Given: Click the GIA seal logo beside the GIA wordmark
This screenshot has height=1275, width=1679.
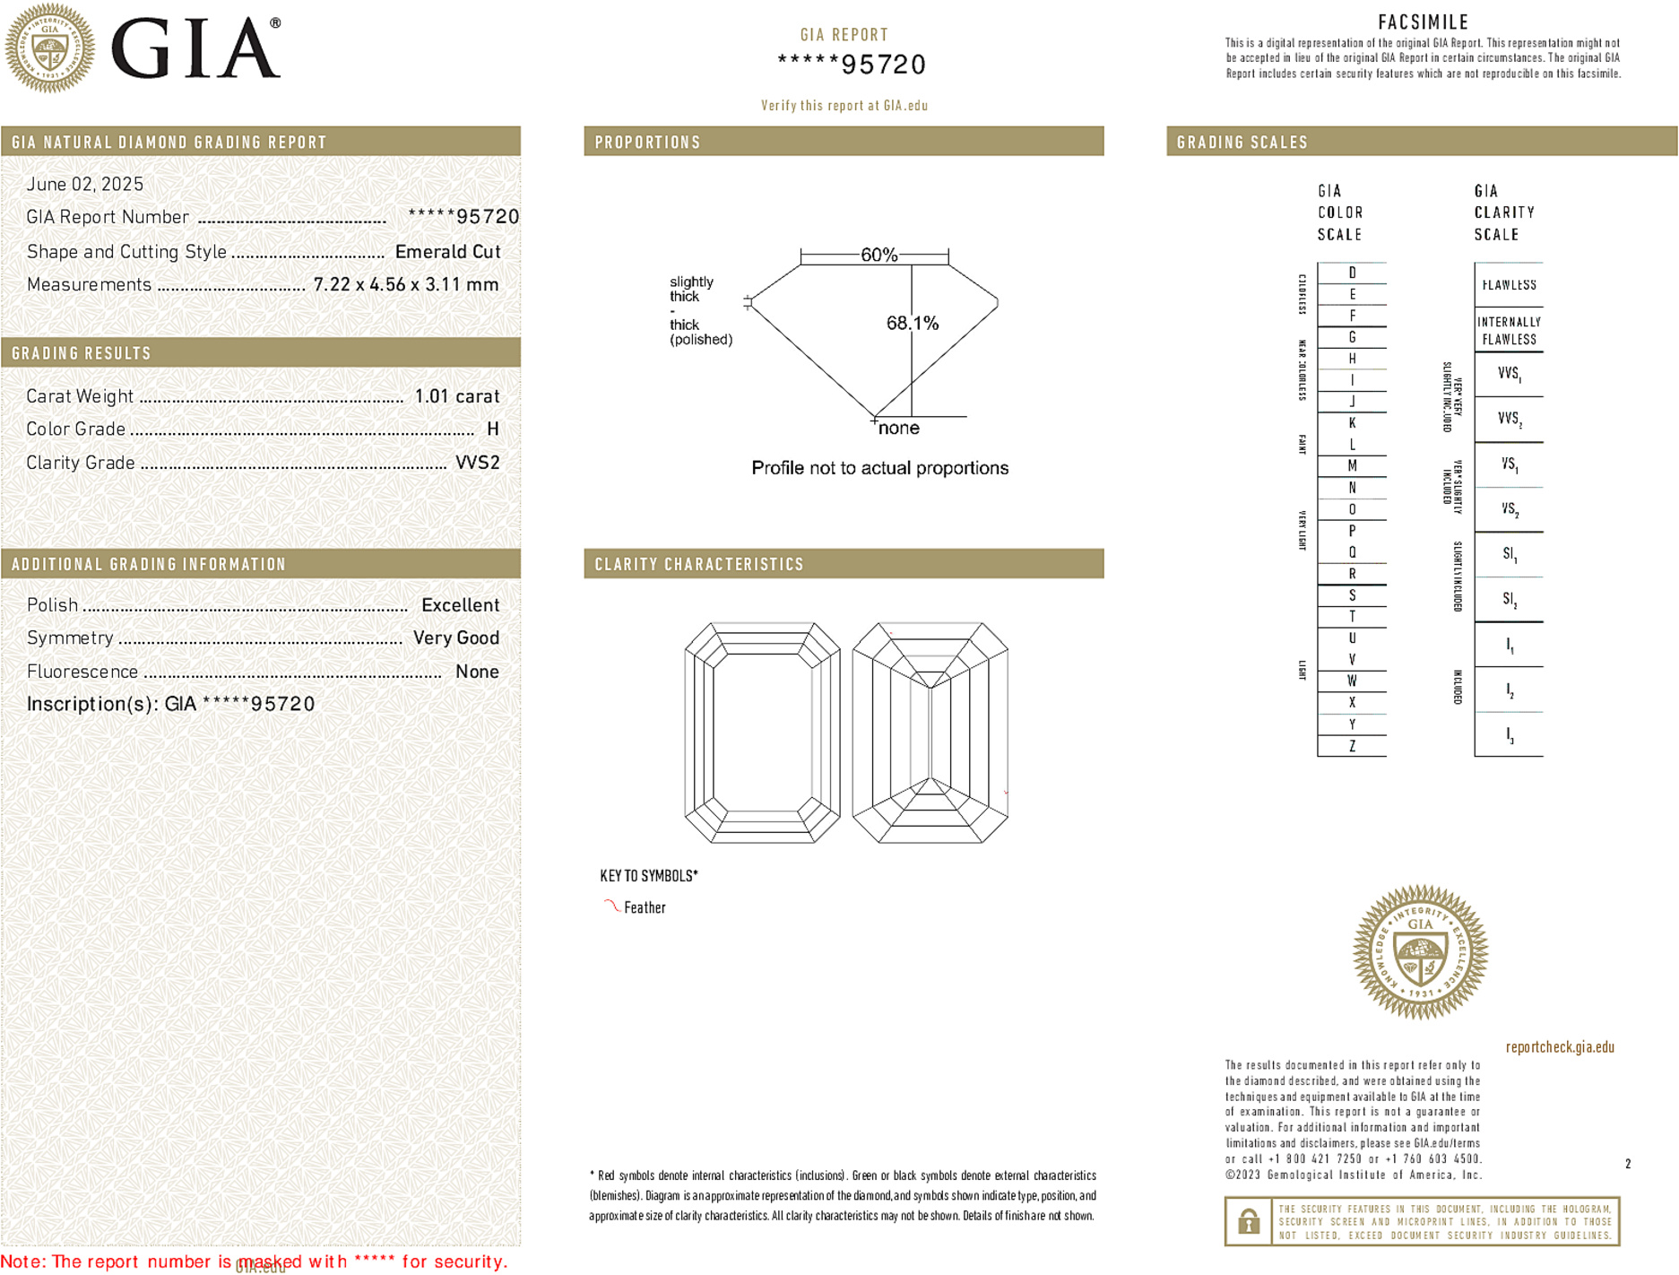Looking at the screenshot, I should click(x=50, y=48).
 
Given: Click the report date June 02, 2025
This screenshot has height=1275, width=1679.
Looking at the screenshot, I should click(x=85, y=185).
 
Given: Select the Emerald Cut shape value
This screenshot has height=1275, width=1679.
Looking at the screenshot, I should click(x=447, y=252).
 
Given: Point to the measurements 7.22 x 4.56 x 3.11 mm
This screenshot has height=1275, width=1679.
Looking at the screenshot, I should click(x=405, y=285).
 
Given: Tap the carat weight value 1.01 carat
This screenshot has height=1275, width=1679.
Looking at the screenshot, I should click(x=456, y=396).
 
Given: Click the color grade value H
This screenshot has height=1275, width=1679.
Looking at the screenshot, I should click(x=492, y=429).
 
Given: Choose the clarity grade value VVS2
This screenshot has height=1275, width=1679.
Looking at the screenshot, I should click(x=477, y=463).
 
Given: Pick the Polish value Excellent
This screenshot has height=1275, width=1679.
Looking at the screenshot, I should click(x=460, y=605).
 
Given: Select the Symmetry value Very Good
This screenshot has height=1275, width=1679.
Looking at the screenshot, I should click(x=455, y=638).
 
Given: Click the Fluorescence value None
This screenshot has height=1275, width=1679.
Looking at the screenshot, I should click(x=477, y=672).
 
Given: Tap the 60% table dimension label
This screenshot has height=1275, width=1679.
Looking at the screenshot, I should click(x=878, y=255).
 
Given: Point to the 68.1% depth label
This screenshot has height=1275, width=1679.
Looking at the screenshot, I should click(x=912, y=323).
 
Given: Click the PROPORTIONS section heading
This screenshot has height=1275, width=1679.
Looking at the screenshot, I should click(x=647, y=143).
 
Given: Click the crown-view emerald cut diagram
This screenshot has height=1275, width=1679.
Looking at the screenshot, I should click(x=762, y=733).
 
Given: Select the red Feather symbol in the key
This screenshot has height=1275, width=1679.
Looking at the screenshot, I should click(x=611, y=906).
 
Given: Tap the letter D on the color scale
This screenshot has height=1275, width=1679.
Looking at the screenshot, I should click(x=1352, y=273).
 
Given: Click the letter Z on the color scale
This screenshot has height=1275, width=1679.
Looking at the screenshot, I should click(x=1352, y=746).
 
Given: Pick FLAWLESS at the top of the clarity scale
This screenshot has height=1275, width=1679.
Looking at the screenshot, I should click(x=1509, y=285).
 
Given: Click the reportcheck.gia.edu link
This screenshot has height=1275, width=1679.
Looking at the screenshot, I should click(x=1560, y=1047).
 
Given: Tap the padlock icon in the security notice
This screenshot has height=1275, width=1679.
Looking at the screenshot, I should click(x=1248, y=1221).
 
